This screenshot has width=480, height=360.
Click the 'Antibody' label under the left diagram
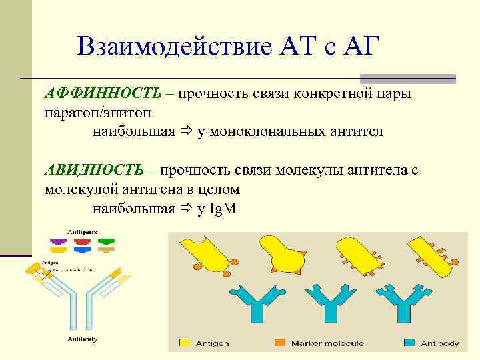coord(82,339)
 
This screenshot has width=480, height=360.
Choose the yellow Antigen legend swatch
coord(184,343)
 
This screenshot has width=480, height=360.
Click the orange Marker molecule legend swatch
coord(279,343)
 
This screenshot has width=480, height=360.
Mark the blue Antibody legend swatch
coord(410,343)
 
